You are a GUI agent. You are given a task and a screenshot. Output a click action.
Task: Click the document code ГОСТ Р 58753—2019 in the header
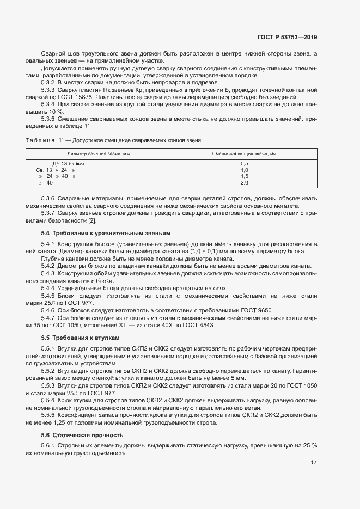[x=286, y=37]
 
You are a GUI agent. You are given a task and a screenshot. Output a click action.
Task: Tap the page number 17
[x=314, y=462]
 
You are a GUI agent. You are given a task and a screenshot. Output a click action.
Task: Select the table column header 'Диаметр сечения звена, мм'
[x=99, y=154]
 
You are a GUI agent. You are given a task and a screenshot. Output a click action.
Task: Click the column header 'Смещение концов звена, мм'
[x=244, y=154]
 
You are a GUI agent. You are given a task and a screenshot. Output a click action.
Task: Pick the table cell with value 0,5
[x=244, y=163]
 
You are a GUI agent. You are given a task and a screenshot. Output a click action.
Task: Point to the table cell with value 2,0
[x=244, y=183]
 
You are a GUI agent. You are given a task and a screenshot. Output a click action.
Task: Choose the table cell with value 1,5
[x=244, y=176]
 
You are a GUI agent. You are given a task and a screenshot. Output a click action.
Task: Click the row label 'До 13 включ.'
[x=69, y=163]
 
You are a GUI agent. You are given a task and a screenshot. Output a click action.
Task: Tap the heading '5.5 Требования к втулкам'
[x=80, y=338]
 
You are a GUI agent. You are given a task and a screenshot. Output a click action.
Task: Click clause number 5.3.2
[x=49, y=81]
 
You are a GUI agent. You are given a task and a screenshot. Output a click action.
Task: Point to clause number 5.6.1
[x=49, y=446]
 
